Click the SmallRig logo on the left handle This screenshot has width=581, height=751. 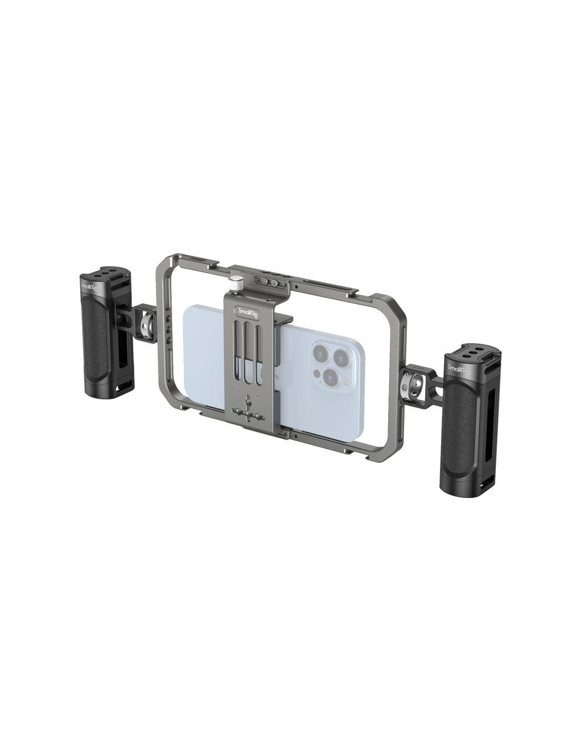pos(89,288)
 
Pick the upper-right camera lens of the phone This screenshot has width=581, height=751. pos(341,355)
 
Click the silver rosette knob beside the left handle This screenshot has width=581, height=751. pos(145,322)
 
